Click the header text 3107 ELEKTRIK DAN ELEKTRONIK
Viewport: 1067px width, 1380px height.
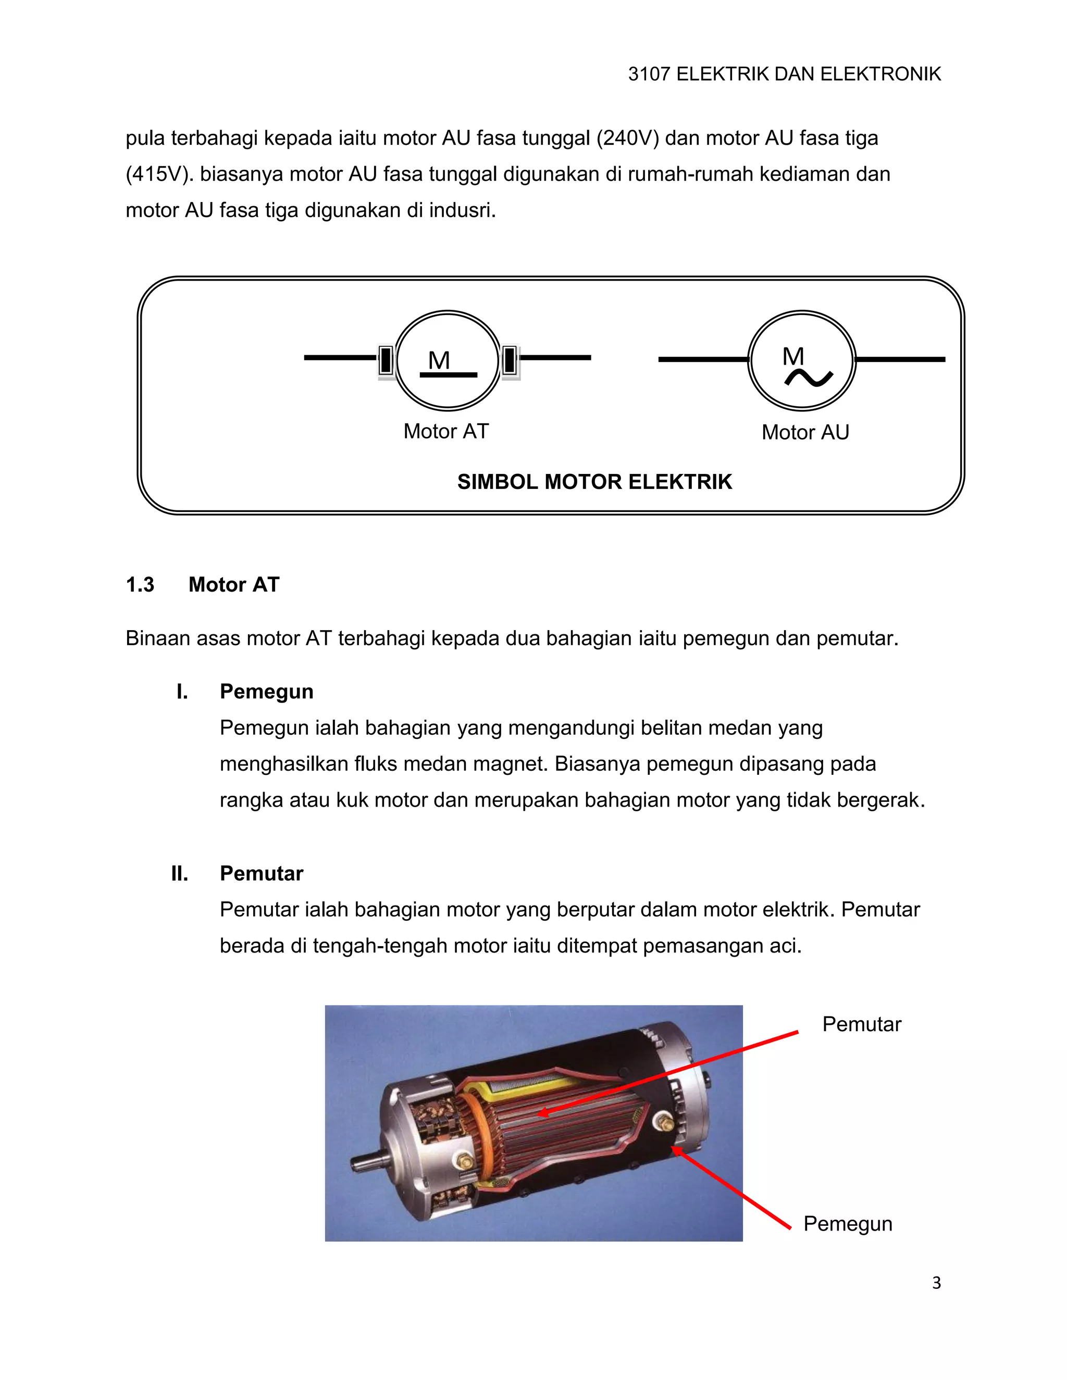coord(784,74)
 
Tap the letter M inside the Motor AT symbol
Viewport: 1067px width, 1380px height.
coord(439,360)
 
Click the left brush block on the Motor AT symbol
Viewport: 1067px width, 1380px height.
coord(386,360)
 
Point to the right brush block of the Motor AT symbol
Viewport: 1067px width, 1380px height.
coord(510,361)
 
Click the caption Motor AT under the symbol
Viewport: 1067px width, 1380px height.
coord(445,431)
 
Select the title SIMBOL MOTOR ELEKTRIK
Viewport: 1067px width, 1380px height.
coord(594,482)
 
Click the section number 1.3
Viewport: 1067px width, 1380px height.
coord(140,584)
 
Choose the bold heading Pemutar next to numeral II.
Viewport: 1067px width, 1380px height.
coord(261,873)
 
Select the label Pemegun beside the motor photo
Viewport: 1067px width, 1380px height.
coord(847,1224)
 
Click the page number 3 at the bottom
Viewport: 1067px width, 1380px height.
coord(936,1283)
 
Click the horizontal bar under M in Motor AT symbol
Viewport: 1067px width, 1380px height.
coord(448,375)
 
